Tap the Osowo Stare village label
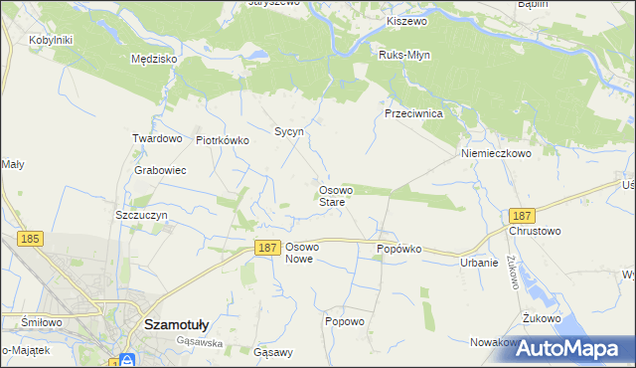click(332, 196)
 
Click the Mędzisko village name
click(154, 59)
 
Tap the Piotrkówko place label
click(223, 141)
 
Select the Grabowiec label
click(161, 170)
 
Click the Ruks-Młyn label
click(403, 56)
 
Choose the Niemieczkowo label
click(496, 154)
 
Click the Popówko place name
click(398, 249)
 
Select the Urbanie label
click(479, 263)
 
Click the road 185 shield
click(30, 239)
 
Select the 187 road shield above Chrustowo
click(522, 215)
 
